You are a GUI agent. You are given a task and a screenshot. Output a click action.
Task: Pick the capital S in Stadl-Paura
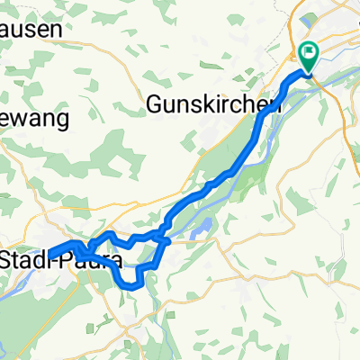pyautogui.click(x=9, y=260)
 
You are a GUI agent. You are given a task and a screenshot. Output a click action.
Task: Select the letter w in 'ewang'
pyautogui.click(x=24, y=119)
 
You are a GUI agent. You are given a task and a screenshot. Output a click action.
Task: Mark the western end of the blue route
pyautogui.click(x=47, y=254)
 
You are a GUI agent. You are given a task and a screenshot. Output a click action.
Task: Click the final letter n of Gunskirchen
pyautogui.click(x=266, y=106)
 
